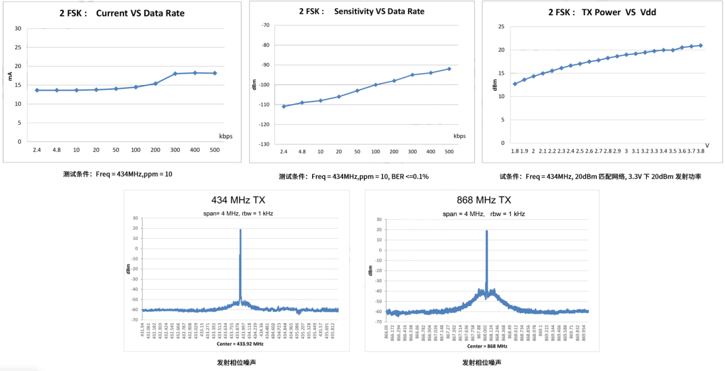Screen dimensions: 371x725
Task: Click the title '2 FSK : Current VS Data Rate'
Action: coord(122,13)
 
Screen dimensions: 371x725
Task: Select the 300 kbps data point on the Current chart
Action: coord(175,74)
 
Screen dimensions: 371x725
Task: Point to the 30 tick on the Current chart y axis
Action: coord(18,28)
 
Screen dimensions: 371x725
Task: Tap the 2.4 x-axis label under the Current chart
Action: coord(37,150)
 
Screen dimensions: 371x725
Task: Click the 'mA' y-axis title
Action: coord(9,77)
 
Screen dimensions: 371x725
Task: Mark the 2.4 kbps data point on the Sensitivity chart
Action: coord(284,106)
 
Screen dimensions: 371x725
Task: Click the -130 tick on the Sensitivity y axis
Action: coord(264,144)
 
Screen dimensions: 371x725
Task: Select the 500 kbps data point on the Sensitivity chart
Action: coord(449,69)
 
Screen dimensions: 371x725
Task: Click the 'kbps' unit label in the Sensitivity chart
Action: coord(460,135)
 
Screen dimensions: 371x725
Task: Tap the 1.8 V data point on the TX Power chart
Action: coord(515,84)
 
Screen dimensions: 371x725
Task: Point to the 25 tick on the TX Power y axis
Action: coord(501,26)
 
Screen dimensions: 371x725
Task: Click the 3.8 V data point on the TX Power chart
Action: coord(700,45)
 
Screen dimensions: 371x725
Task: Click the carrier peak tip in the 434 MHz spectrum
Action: coord(240,230)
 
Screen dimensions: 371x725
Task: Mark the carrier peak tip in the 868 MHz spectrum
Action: coord(487,231)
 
